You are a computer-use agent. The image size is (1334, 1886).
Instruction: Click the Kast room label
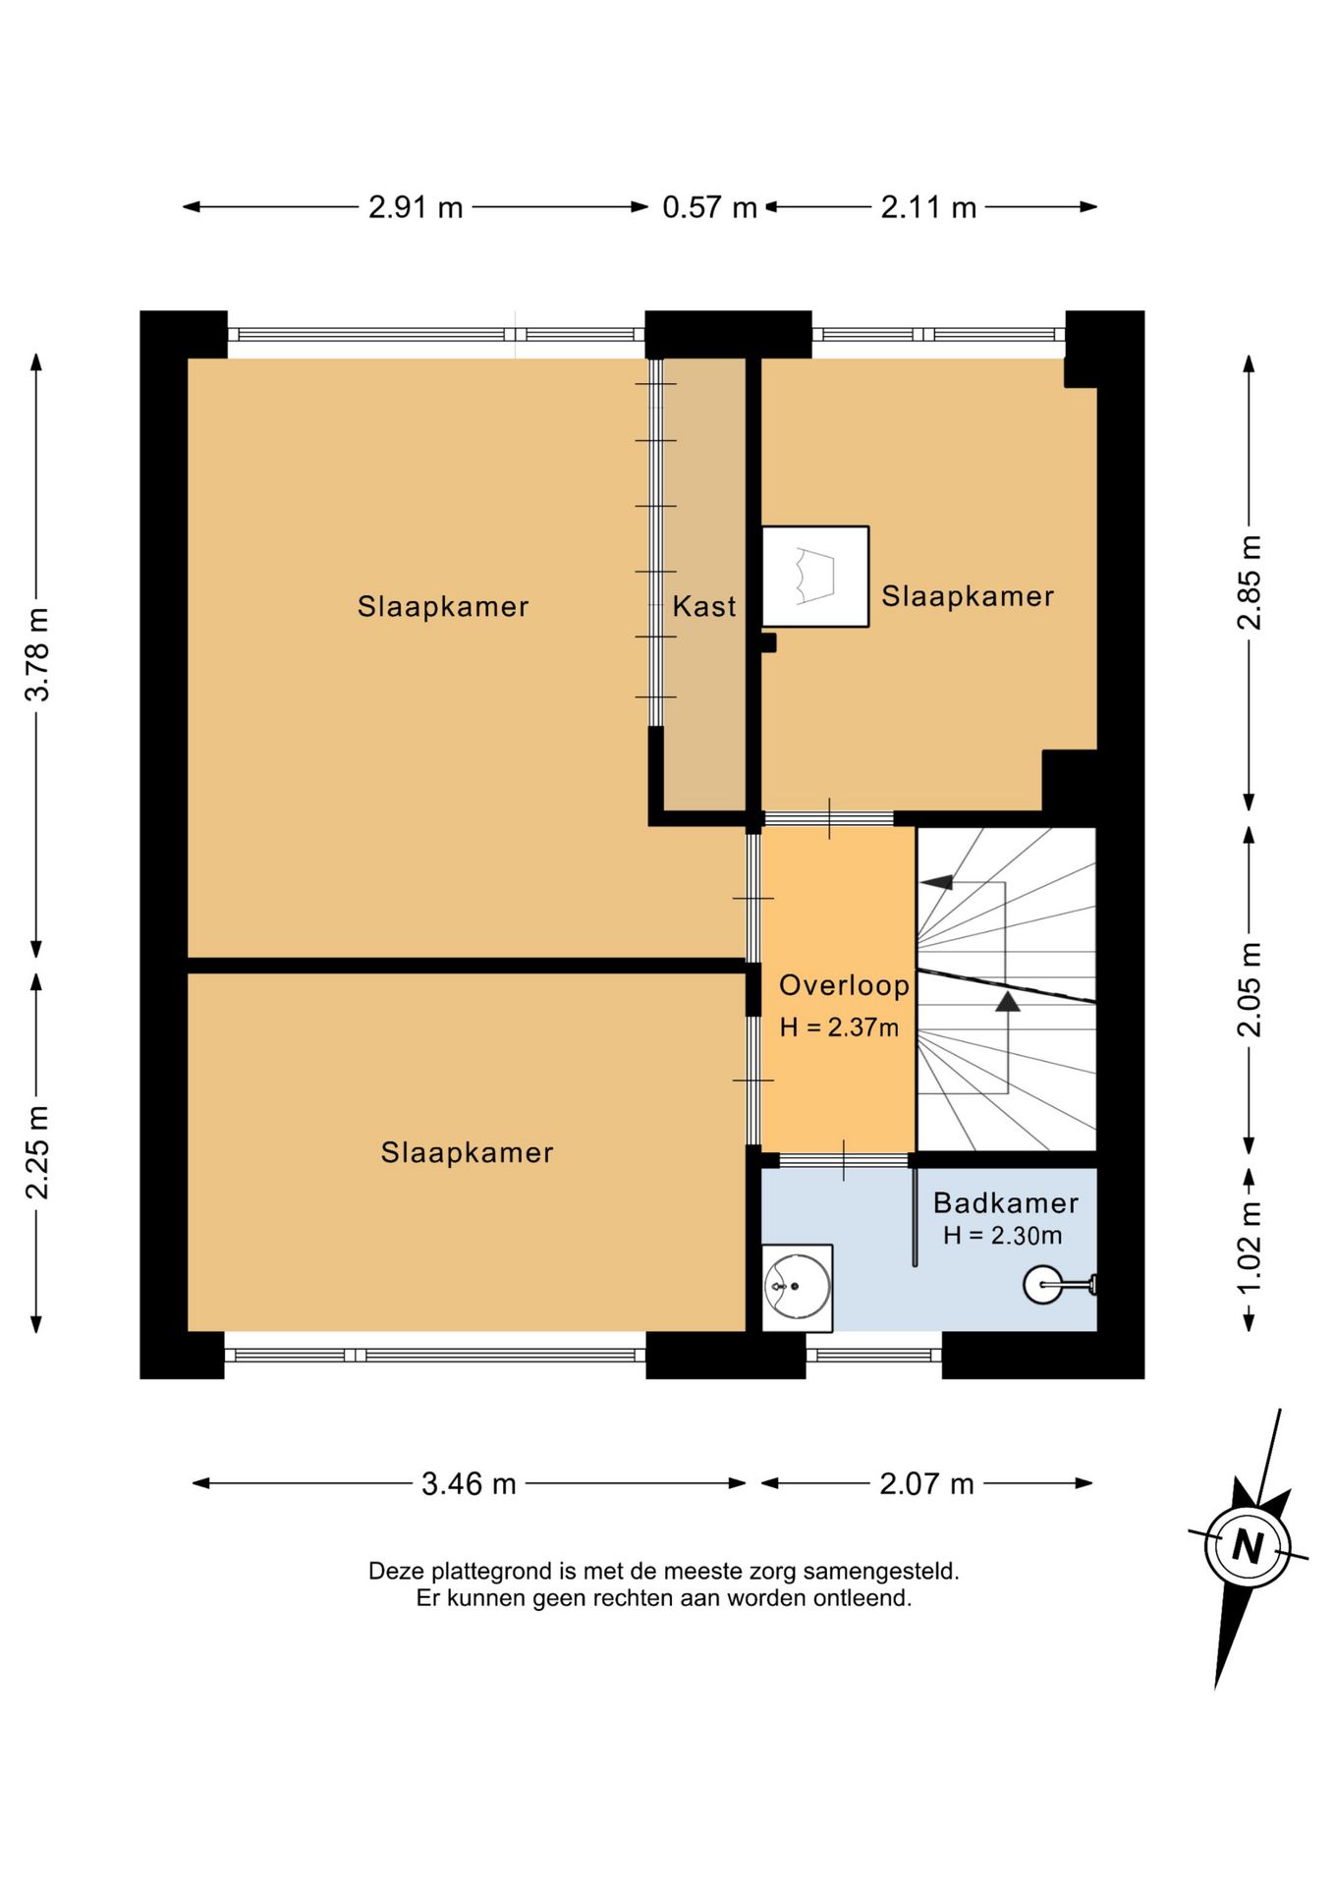click(703, 606)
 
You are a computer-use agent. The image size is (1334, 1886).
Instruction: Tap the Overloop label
click(844, 985)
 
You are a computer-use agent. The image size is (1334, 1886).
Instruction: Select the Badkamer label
click(1006, 1202)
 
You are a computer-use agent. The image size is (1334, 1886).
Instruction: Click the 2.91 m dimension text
click(416, 207)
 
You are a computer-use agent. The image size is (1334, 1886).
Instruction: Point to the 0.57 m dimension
click(709, 207)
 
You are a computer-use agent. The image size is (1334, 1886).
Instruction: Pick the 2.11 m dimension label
click(928, 207)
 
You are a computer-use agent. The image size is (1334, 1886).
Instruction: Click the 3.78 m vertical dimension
click(37, 654)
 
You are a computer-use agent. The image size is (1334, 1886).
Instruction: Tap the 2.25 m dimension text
click(37, 1152)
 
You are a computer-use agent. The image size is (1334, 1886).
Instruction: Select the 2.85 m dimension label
click(1249, 582)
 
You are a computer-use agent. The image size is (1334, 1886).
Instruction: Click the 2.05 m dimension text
click(1249, 989)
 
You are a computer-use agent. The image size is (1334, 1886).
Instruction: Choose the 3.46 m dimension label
click(469, 1483)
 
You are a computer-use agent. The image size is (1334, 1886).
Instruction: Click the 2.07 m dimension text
click(926, 1483)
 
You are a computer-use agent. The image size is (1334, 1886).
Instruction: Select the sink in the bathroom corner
click(798, 1288)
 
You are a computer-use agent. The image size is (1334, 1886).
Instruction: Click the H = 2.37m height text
click(839, 1027)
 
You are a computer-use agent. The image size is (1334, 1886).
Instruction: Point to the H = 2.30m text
click(1002, 1236)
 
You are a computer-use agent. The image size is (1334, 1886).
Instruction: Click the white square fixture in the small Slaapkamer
click(815, 577)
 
